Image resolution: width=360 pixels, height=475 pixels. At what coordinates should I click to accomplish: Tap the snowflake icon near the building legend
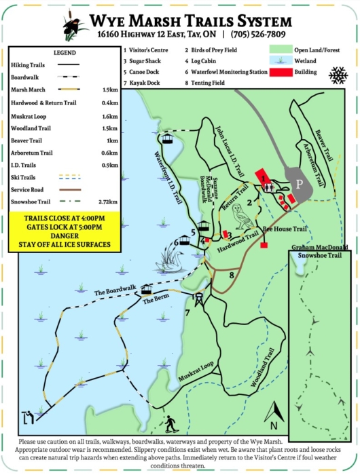[x=337, y=75]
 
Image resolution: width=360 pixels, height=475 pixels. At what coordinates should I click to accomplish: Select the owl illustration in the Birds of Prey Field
[x=240, y=215]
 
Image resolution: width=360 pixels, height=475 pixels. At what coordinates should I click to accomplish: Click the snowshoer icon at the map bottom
[x=170, y=424]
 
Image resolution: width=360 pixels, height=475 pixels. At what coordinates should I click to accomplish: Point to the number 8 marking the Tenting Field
[x=232, y=274]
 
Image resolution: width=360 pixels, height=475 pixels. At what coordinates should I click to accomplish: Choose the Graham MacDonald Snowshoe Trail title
[x=321, y=252]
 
